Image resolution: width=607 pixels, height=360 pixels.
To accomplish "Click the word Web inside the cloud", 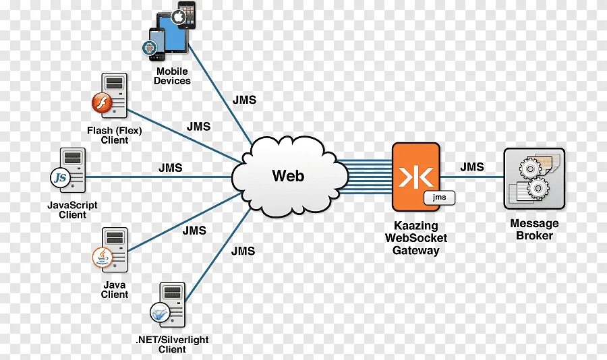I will tap(288, 176).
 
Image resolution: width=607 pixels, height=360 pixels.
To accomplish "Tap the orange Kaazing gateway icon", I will tap(415, 177).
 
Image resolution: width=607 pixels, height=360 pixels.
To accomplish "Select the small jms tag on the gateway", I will tap(439, 198).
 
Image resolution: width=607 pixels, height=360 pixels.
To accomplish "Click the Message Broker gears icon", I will tap(534, 178).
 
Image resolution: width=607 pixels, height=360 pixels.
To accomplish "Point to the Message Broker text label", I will tap(534, 229).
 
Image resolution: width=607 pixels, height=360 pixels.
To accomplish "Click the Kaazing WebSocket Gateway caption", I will tap(415, 238).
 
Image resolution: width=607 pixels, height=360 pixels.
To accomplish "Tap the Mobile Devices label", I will tap(172, 76).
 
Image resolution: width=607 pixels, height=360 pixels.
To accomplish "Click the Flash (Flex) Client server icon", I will tap(109, 97).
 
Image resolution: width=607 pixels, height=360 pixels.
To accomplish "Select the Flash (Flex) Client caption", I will tap(115, 136).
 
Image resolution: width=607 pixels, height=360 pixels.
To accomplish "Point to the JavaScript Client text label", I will tap(72, 210).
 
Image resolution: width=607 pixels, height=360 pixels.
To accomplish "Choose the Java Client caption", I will tap(115, 290).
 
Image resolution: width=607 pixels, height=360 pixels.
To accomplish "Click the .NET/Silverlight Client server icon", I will tap(169, 306).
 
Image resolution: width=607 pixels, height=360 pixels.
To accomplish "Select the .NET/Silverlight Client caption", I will tap(172, 344).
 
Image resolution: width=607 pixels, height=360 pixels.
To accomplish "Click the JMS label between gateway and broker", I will tap(472, 167).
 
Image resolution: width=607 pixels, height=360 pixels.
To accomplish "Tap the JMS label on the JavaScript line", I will tap(171, 168).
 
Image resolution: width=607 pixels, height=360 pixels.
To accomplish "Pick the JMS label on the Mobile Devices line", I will tap(244, 100).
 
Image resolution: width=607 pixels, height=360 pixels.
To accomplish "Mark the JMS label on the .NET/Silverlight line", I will tap(243, 251).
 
